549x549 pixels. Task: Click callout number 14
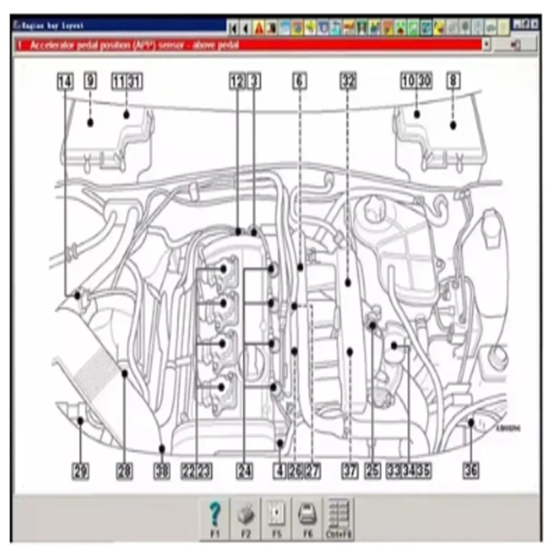[65, 82]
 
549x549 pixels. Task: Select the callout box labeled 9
[90, 81]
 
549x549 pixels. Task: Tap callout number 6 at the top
[299, 81]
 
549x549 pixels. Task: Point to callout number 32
[348, 81]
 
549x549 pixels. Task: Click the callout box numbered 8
[453, 81]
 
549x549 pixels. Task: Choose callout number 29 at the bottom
[80, 471]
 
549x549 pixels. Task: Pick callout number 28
[124, 471]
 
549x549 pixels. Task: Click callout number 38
[162, 471]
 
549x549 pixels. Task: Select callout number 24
[244, 471]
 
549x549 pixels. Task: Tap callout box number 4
[280, 471]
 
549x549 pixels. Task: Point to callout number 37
[350, 470]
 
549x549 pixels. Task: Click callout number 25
[373, 470]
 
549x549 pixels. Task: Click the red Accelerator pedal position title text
[134, 45]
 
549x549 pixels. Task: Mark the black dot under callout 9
[90, 122]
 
